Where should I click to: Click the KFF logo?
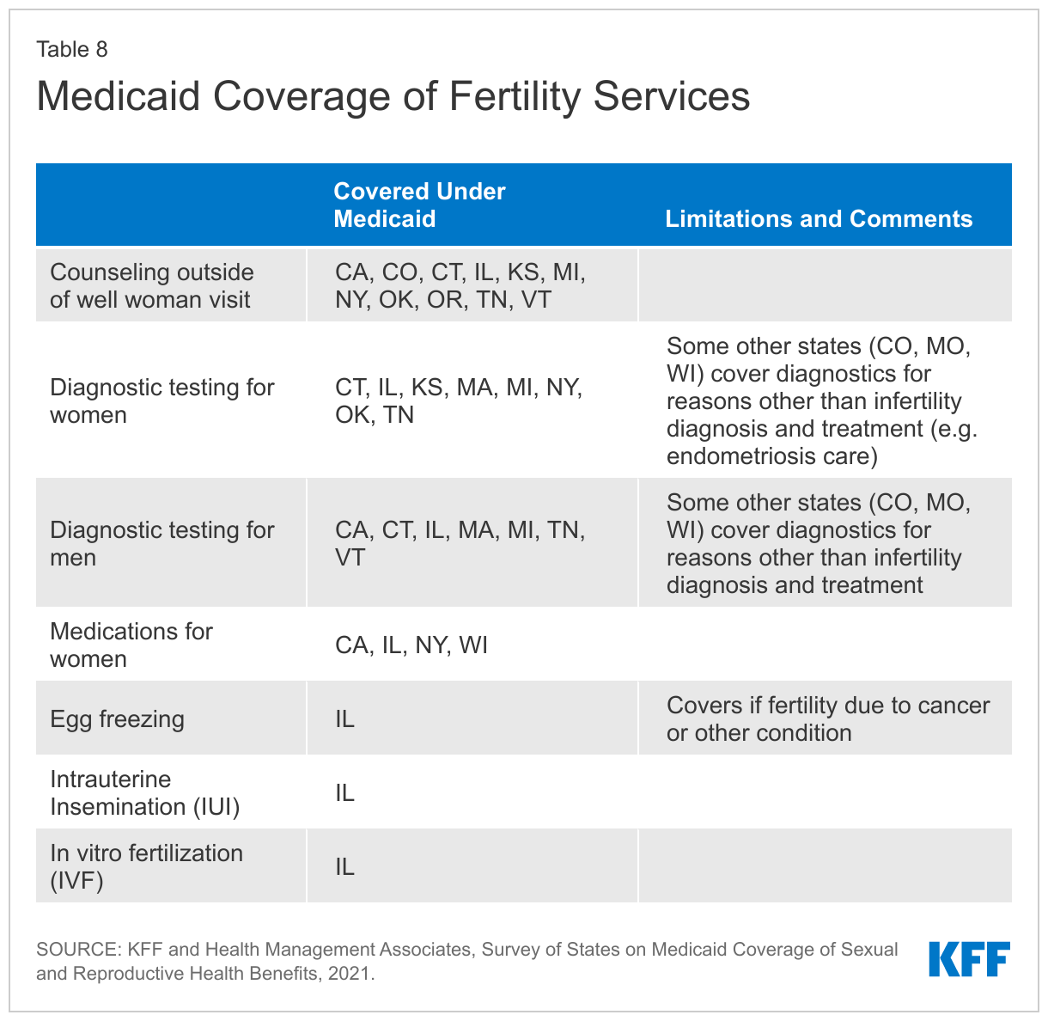tap(969, 959)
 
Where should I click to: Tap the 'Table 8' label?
tap(72, 49)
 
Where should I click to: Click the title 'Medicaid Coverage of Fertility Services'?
tap(393, 96)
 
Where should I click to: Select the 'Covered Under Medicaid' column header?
tap(419, 205)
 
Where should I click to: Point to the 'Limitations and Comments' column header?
tap(819, 218)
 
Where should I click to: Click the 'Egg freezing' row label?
tap(117, 718)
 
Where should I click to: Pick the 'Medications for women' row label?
tap(131, 645)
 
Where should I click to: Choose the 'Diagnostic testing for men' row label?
tap(162, 543)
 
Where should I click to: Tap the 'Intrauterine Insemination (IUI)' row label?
tap(144, 792)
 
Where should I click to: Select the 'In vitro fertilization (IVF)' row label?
tap(146, 866)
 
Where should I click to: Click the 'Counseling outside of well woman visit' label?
tap(152, 285)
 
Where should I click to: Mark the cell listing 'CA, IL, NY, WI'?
tap(411, 645)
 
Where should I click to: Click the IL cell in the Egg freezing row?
tap(344, 718)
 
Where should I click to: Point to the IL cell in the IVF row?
tap(344, 866)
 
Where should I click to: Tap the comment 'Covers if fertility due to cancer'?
tap(828, 706)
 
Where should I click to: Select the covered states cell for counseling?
tap(460, 285)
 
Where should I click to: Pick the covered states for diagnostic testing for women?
tap(459, 400)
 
